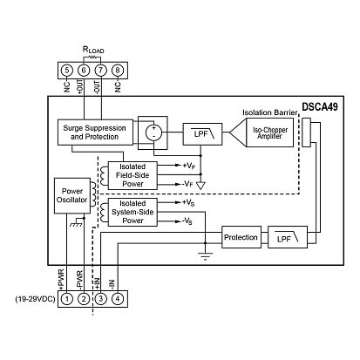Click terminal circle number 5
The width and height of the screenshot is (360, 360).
tap(67, 71)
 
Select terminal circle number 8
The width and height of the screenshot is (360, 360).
tap(118, 71)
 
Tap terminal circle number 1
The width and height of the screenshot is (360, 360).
tap(67, 299)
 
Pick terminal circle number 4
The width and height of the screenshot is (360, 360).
tap(118, 299)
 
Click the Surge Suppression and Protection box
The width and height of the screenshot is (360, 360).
tap(95, 132)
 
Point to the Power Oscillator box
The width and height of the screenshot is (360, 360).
tap(72, 195)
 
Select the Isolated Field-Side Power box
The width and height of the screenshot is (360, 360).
tap(132, 175)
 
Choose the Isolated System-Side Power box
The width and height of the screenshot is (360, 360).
tap(132, 212)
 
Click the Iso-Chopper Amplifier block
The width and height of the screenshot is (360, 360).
tap(262, 132)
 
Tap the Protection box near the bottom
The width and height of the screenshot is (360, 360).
tap(241, 237)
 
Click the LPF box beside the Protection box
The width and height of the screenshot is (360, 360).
tap(288, 237)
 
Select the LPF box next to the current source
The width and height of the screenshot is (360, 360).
tap(202, 134)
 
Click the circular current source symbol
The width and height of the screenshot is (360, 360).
tap(153, 132)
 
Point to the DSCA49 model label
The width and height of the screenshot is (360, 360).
tap(320, 107)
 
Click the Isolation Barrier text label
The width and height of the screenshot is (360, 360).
tap(270, 112)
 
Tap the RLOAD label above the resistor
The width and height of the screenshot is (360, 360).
tap(93, 50)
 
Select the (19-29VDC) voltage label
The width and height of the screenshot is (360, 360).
tap(35, 299)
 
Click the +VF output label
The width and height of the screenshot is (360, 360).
tap(189, 166)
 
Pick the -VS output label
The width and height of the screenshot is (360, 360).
tap(187, 221)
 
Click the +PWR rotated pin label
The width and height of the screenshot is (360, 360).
tap(61, 279)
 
